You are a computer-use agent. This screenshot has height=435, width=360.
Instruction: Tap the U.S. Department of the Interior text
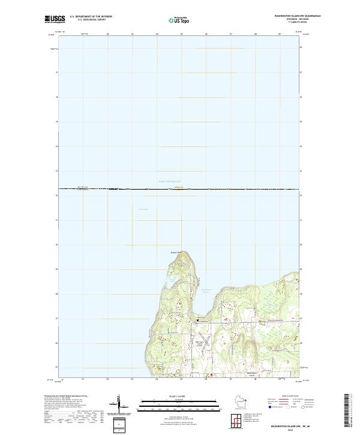(91, 16)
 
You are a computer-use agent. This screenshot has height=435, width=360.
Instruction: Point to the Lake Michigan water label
(169, 181)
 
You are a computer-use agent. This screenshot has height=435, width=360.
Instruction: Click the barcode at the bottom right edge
(347, 412)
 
